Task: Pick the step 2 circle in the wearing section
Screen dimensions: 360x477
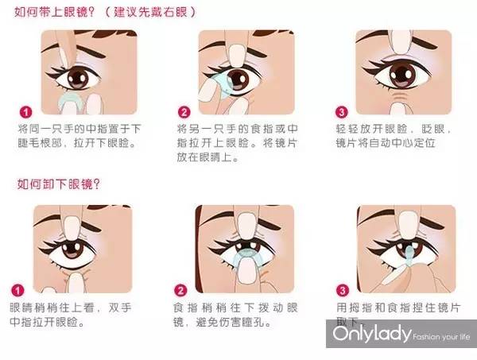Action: pos(184,112)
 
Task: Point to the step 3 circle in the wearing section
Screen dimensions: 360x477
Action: pos(343,112)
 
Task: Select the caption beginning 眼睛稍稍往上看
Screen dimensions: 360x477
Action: pos(65,315)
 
